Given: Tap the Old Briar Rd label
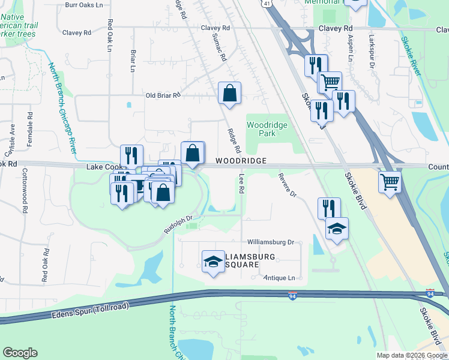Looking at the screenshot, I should pyautogui.click(x=163, y=95).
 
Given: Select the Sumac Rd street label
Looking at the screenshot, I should pyautogui.click(x=218, y=48).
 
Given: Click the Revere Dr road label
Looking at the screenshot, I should pyautogui.click(x=288, y=185).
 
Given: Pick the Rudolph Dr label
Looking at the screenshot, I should pyautogui.click(x=178, y=225).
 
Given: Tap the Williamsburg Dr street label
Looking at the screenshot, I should pyautogui.click(x=270, y=242).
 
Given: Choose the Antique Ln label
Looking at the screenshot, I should pyautogui.click(x=280, y=278).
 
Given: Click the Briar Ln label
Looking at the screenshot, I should pyautogui.click(x=133, y=61).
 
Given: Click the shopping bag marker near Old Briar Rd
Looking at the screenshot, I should pyautogui.click(x=229, y=94).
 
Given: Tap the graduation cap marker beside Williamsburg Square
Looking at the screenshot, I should pyautogui.click(x=212, y=261).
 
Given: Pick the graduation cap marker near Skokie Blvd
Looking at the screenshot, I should pyautogui.click(x=337, y=228).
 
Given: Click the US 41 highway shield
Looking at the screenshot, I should pyautogui.click(x=266, y=4).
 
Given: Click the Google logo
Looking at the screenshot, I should pyautogui.click(x=20, y=353).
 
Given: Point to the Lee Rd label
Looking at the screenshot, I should pyautogui.click(x=242, y=183).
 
